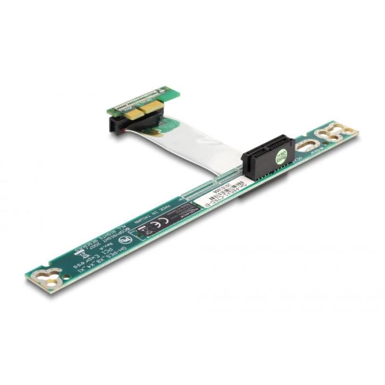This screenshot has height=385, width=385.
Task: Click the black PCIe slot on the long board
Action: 262,154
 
